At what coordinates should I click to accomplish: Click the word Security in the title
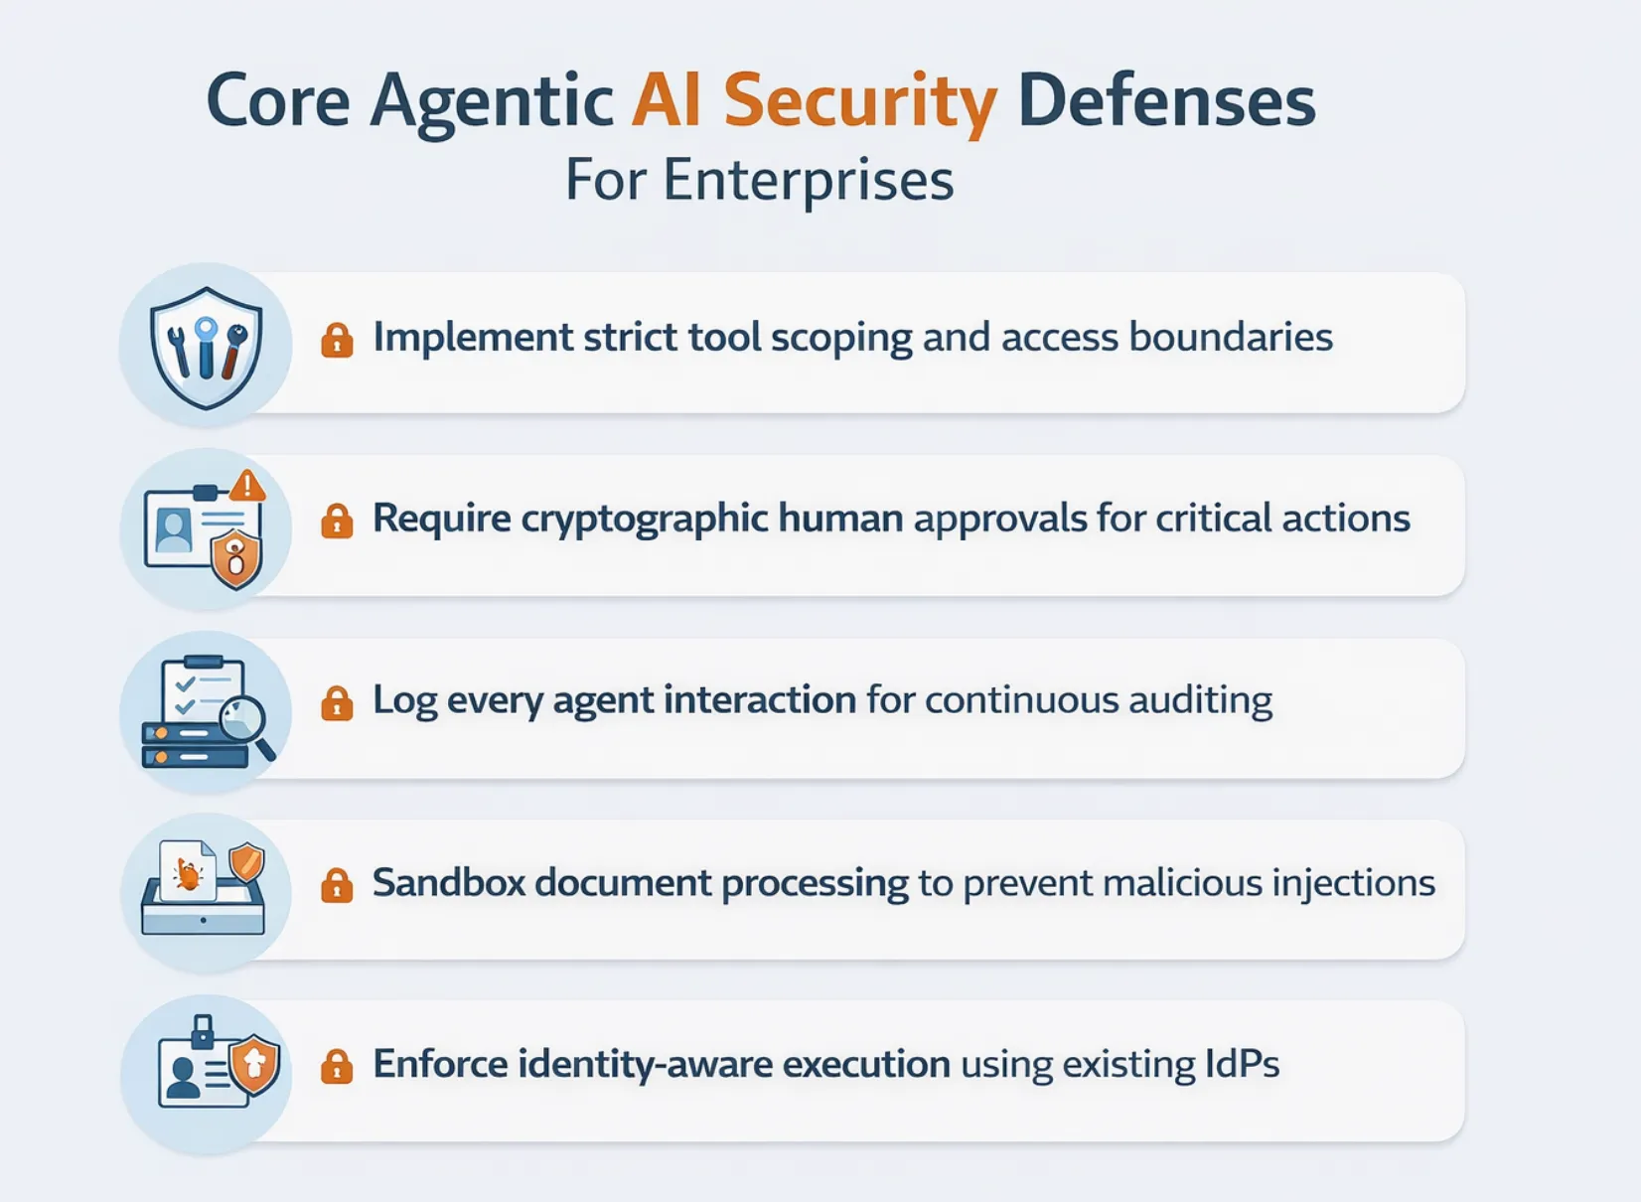tap(860, 102)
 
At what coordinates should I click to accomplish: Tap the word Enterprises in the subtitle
tap(808, 181)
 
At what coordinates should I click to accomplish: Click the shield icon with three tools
tap(207, 347)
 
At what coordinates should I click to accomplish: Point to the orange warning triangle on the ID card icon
tap(247, 486)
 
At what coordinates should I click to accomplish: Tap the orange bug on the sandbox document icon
tap(188, 874)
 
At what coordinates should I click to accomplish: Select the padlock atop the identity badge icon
tap(203, 1030)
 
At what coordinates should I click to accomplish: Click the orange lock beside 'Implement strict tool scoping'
tap(337, 340)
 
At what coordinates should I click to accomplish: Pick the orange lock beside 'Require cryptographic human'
tap(337, 521)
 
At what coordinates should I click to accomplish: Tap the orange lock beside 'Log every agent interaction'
tap(337, 702)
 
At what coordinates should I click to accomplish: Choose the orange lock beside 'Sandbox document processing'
tap(337, 884)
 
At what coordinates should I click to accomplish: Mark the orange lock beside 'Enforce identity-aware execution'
tap(337, 1066)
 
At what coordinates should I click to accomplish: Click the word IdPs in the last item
tap(1242, 1064)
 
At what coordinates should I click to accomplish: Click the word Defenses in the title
tap(1166, 102)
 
